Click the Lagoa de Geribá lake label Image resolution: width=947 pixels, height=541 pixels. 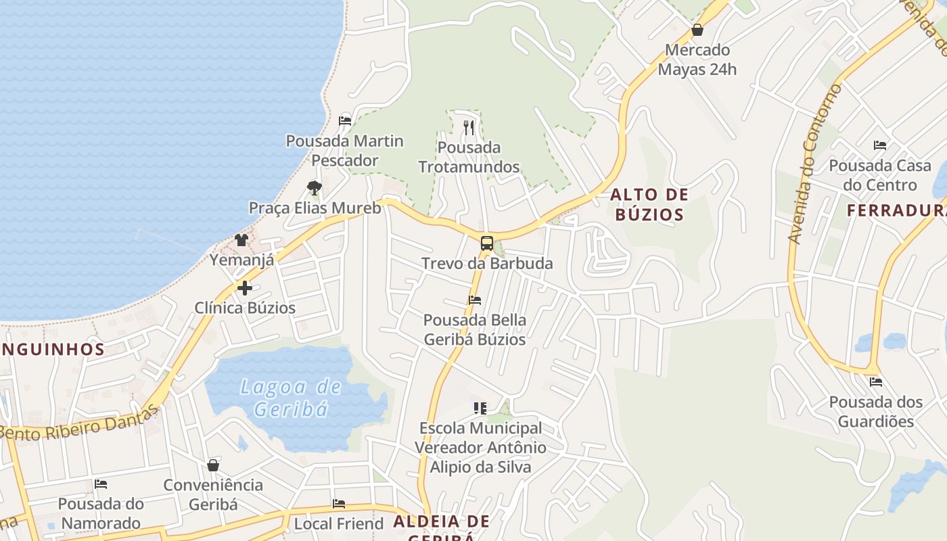click(292, 398)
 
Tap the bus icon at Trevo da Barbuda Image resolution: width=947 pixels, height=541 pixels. click(486, 243)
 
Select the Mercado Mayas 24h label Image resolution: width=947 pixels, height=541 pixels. click(697, 60)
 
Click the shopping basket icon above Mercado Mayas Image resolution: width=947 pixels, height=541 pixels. click(697, 30)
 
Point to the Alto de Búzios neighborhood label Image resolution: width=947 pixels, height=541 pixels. click(649, 205)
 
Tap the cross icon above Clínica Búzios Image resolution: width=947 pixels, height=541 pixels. click(245, 288)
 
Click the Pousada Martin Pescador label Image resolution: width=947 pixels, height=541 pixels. click(344, 151)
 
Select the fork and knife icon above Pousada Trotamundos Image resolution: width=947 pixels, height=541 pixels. click(469, 127)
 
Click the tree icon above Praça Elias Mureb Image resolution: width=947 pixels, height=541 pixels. click(314, 187)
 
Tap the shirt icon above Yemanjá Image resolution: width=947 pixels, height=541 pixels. click(241, 239)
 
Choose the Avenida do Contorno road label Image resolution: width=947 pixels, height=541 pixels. click(815, 162)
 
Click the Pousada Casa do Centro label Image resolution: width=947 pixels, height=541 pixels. click(879, 175)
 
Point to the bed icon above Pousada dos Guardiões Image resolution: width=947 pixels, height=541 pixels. click(876, 382)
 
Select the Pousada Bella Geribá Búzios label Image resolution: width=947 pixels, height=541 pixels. click(474, 329)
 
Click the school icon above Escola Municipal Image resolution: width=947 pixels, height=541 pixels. click(480, 408)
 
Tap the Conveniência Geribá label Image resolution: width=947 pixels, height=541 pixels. click(213, 494)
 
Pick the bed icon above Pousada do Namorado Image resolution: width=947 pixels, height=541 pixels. click(101, 484)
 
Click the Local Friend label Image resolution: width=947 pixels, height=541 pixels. click(338, 523)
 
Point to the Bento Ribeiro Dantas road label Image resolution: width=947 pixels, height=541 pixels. click(81, 423)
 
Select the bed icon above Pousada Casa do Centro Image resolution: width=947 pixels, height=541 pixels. click(879, 145)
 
